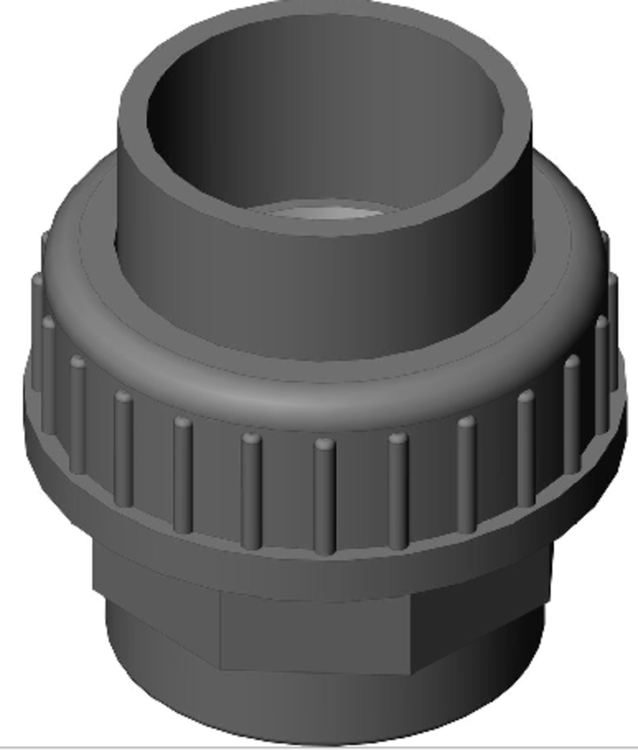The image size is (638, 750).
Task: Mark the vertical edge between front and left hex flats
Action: click(220, 628)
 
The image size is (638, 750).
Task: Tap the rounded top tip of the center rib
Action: click(325, 443)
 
